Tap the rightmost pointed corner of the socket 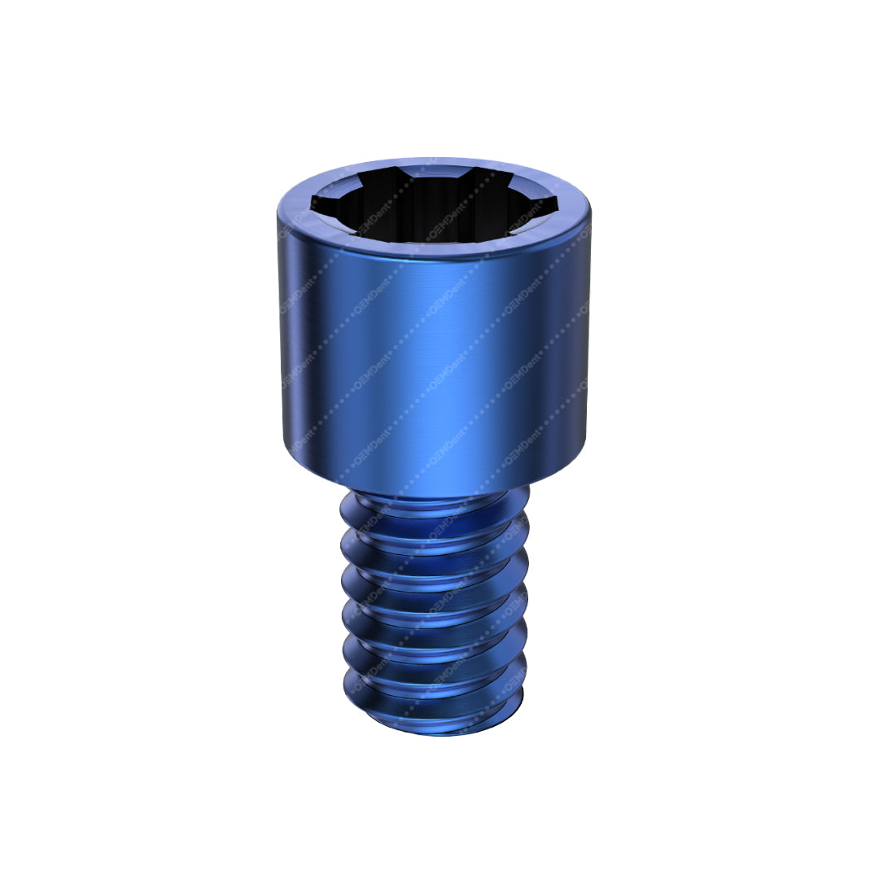(557, 201)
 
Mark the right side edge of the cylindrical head (588, 326)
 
